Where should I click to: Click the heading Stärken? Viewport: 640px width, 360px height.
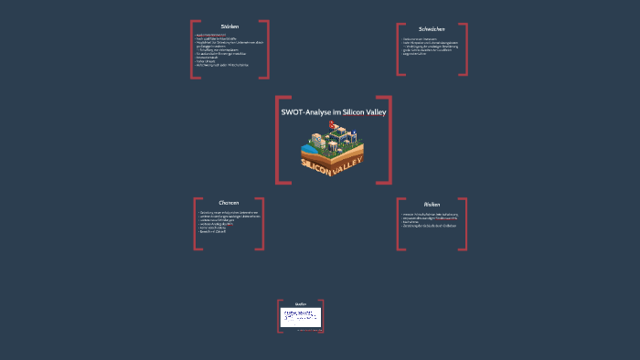coord(229,26)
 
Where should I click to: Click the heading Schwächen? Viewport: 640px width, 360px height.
coord(432,28)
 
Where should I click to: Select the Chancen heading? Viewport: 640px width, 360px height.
coord(229,202)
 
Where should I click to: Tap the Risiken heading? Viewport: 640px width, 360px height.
coord(432,204)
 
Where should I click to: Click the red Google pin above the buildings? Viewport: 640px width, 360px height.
coord(333,123)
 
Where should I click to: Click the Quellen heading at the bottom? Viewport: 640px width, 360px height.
coord(301,303)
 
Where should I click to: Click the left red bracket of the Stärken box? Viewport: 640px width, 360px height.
coord(192,49)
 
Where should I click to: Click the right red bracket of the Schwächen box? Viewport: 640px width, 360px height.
coord(465,49)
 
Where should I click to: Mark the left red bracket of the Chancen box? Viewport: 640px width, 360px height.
coord(196,223)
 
